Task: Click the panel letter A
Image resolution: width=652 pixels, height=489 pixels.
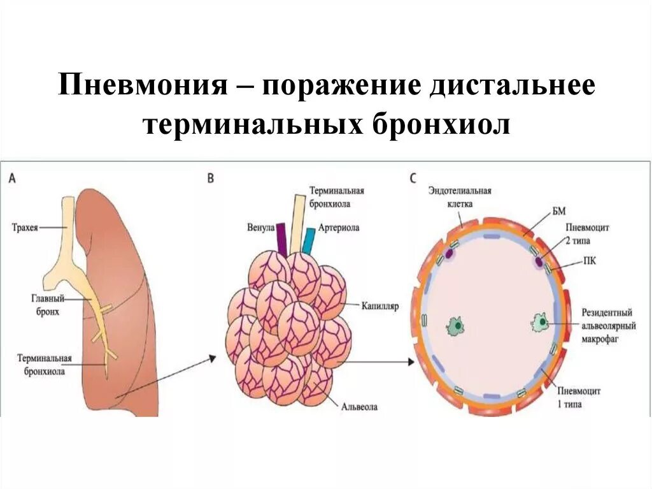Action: click(13, 179)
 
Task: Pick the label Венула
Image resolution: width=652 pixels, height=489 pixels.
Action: click(260, 227)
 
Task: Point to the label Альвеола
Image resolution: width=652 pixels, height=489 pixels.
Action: click(360, 405)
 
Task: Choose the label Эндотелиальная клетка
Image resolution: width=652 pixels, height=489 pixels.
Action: click(460, 196)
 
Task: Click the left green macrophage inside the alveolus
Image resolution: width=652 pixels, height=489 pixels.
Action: click(456, 326)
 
